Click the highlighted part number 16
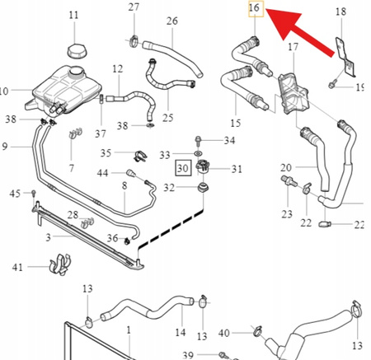tap(254, 7)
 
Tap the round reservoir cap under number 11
tap(77, 51)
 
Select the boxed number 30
tap(184, 168)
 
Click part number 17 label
tap(294, 47)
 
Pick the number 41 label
tap(17, 267)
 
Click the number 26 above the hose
tap(172, 21)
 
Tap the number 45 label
tap(15, 194)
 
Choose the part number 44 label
tap(102, 173)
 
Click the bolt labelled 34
tap(198, 143)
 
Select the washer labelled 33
tap(198, 153)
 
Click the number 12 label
tap(117, 68)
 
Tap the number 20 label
tap(286, 167)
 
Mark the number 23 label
tap(287, 214)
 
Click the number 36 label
tap(112, 238)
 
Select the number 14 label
tap(181, 333)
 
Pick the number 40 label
tap(224, 333)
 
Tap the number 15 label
tap(236, 123)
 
